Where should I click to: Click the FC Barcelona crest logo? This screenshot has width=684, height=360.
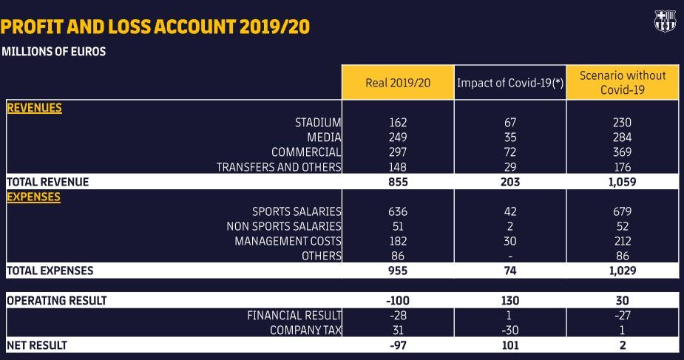665,21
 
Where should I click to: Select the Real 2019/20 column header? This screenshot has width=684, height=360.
398,83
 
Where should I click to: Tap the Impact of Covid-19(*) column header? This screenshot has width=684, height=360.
510,83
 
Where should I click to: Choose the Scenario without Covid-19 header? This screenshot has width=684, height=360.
623,82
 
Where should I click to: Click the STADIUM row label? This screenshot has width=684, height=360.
318,123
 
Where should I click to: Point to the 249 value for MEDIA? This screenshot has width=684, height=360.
398,137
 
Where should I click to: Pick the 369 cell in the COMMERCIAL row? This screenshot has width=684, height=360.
623,152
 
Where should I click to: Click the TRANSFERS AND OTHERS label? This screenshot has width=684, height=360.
279,167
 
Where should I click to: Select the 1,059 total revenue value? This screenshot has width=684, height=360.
623,182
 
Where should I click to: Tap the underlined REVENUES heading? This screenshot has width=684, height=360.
34,108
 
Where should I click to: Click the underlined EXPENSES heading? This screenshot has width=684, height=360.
33,197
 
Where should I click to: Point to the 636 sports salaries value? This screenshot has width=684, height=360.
398,211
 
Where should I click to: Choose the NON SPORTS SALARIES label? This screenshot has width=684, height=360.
284,226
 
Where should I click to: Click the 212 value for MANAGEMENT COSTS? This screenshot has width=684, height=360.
623,241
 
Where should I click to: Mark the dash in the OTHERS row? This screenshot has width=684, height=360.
510,257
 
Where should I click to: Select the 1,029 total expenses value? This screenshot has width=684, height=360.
623,271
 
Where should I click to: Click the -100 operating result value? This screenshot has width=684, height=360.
398,301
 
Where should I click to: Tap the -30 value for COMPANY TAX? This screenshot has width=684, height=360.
510,330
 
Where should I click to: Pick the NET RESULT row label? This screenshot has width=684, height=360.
37,345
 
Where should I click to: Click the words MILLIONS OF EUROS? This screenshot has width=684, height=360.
53,52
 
